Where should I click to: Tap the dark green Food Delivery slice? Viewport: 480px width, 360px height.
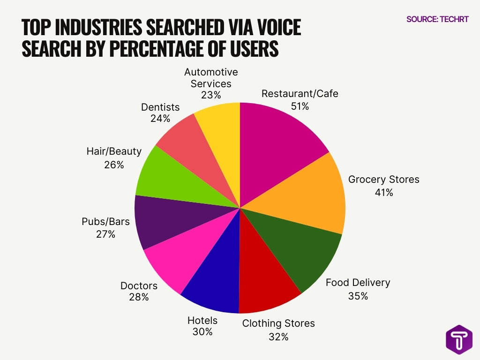(x=295, y=248)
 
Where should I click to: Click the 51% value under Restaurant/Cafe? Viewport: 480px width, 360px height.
(x=300, y=106)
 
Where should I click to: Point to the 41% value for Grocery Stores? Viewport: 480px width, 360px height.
(x=383, y=192)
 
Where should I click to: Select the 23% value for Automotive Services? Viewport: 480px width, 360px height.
(x=211, y=95)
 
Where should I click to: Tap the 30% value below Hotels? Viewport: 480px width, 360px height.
(x=202, y=332)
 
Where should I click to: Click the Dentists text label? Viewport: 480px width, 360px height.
(x=160, y=107)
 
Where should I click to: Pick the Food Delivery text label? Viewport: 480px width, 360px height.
(x=358, y=283)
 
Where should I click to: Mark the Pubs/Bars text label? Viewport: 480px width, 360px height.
(x=105, y=221)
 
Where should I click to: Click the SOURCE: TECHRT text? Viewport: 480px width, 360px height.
(x=437, y=19)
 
